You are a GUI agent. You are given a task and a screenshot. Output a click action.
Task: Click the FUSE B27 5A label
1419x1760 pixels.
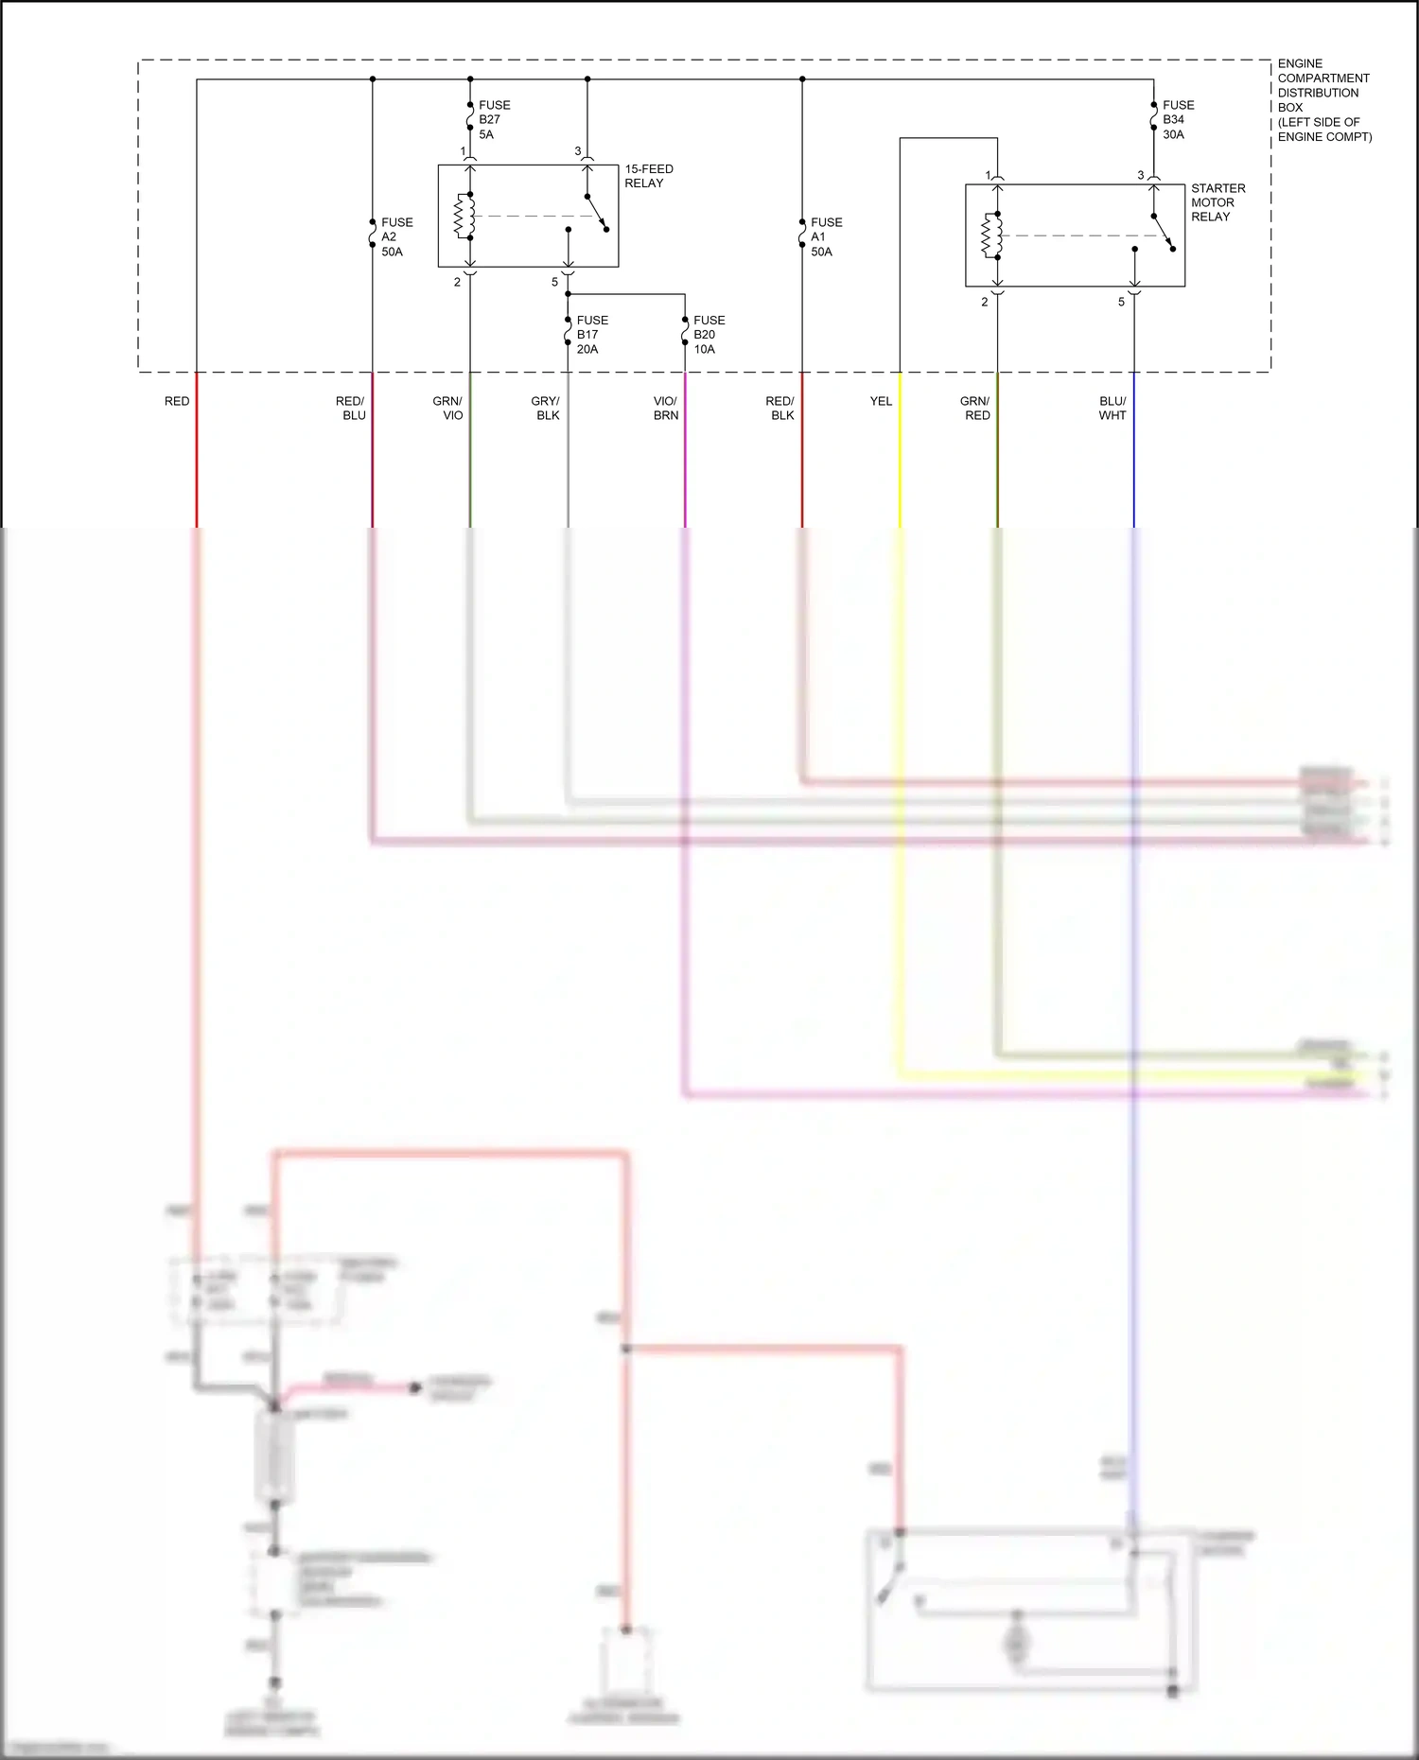point(493,119)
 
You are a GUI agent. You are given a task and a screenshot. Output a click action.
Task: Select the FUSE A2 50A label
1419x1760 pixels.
point(395,236)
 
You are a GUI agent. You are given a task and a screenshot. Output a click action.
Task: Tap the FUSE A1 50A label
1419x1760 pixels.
point(825,236)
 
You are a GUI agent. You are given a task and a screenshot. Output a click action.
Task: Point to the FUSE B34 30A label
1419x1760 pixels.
point(1177,119)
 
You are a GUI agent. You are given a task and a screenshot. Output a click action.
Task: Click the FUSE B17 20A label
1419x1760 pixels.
point(591,335)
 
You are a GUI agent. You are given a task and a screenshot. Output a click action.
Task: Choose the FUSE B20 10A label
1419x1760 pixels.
point(708,335)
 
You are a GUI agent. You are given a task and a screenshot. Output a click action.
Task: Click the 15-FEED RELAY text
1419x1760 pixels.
point(648,176)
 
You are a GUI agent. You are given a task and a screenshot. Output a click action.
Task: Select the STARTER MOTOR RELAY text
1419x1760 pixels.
point(1217,202)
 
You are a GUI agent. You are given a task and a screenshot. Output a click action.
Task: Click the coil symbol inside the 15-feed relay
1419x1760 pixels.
point(464,217)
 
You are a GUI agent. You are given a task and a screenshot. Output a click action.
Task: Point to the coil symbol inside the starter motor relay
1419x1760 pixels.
point(990,235)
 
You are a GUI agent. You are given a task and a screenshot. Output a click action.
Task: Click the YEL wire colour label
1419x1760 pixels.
point(881,401)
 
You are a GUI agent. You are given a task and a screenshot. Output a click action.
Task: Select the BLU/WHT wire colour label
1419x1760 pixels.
point(1112,408)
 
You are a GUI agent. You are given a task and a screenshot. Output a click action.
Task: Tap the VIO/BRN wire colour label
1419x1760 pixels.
point(665,408)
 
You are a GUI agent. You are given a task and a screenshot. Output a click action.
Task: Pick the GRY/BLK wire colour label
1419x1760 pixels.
point(546,408)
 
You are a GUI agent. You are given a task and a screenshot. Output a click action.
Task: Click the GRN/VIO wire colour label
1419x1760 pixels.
point(448,408)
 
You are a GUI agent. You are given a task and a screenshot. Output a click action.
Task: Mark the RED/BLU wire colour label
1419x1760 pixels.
point(351,408)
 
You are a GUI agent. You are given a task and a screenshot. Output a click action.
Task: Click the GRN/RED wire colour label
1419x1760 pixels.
point(975,408)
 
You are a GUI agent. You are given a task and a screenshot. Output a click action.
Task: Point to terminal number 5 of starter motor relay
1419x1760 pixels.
point(1121,302)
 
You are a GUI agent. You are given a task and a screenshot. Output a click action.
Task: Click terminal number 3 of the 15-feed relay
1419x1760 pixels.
point(578,151)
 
